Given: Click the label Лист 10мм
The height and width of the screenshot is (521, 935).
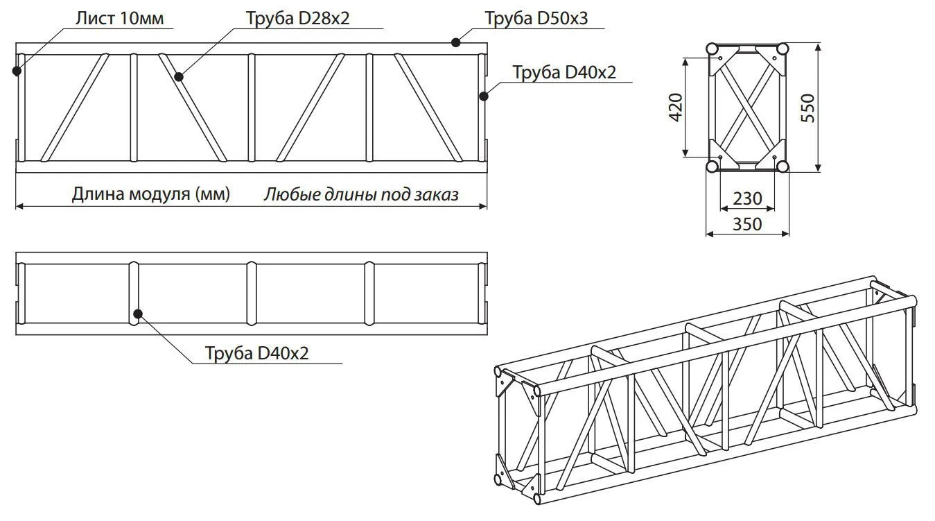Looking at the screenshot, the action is point(120,18).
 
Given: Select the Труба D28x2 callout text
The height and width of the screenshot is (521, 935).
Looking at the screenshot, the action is point(297,18).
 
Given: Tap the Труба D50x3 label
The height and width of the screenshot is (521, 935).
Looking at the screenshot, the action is point(536,18).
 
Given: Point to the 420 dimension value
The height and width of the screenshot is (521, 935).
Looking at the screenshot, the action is point(676,108).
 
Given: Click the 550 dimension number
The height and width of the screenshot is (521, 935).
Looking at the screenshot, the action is point(808,108).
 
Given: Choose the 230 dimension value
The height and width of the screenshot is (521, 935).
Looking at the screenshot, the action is point(747,198).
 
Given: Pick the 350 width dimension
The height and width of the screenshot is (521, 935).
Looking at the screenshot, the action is point(747,224).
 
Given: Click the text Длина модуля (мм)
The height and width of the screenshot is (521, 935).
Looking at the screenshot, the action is point(151,194).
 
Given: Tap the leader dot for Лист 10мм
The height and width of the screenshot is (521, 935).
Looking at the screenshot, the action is point(17,71).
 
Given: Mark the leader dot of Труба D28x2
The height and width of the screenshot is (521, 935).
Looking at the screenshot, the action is point(179,77).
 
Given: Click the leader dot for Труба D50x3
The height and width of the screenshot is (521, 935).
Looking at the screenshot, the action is point(456,42).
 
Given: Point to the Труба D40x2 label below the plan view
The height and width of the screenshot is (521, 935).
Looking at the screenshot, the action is point(256,353).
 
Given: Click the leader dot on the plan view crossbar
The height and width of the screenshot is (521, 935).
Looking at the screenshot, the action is point(138,314).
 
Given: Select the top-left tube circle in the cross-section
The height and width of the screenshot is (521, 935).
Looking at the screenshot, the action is point(712,49).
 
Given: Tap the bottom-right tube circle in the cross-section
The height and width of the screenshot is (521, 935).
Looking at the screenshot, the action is point(783,166).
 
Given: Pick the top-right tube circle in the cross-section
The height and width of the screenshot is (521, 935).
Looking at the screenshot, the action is point(783,49).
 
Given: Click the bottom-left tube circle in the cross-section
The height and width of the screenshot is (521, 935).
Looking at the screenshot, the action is point(712,166).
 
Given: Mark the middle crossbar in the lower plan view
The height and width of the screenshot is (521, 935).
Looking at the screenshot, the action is point(252,293).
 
